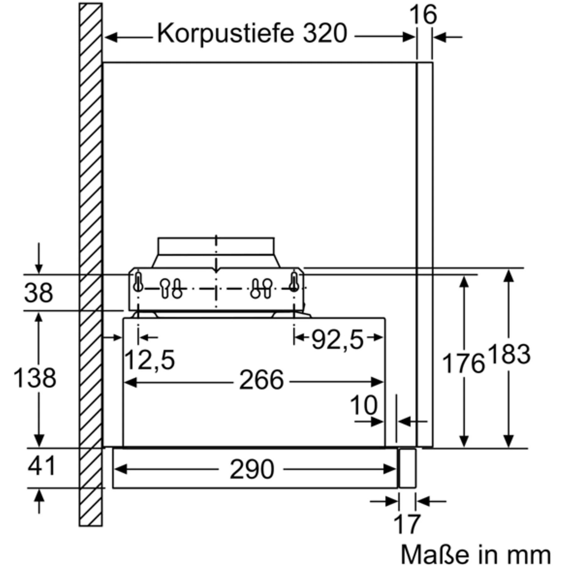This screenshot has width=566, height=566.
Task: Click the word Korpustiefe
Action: tap(225, 33)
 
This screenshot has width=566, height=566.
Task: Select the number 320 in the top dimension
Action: tap(325, 33)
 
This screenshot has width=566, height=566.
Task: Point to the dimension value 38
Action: tap(38, 293)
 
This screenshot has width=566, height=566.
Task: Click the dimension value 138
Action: tap(35, 377)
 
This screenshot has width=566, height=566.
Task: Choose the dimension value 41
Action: tap(42, 465)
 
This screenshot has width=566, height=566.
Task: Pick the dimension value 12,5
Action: tap(150, 360)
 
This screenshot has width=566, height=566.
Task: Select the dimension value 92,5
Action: tap(337, 340)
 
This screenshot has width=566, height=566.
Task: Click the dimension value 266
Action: tap(261, 380)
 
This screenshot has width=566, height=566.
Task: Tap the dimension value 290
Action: tap(252, 469)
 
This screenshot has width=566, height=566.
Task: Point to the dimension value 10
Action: tap(363, 405)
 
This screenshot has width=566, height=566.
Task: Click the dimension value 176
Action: tap(463, 363)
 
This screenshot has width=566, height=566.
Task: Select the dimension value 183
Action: tap(509, 354)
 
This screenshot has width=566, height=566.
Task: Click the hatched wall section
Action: tap(91, 189)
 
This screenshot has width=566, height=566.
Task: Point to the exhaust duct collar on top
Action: tap(216, 246)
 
